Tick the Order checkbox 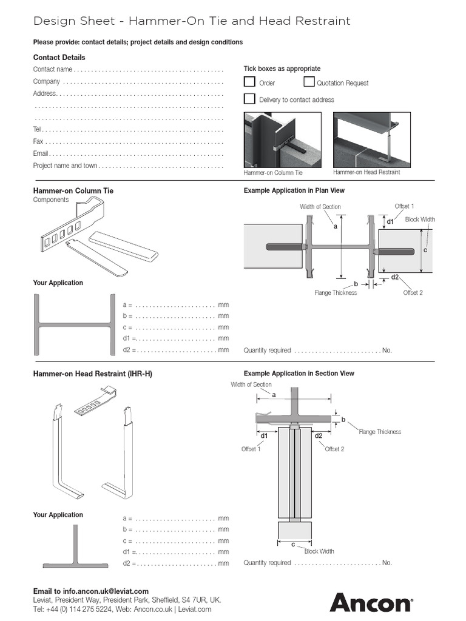[x=249, y=82]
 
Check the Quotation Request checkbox [x=309, y=82]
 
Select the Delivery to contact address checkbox [x=249, y=99]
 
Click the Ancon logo [x=371, y=603]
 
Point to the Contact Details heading [x=59, y=57]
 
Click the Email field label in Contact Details [x=41, y=153]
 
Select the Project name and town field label [x=64, y=166]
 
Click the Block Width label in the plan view [x=420, y=220]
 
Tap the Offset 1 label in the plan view [x=404, y=206]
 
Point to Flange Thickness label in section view [x=380, y=432]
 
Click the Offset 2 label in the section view [x=334, y=449]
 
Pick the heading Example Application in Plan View [x=294, y=190]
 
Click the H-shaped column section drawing [x=75, y=324]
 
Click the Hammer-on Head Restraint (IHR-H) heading [x=92, y=374]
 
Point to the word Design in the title [x=52, y=21]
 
